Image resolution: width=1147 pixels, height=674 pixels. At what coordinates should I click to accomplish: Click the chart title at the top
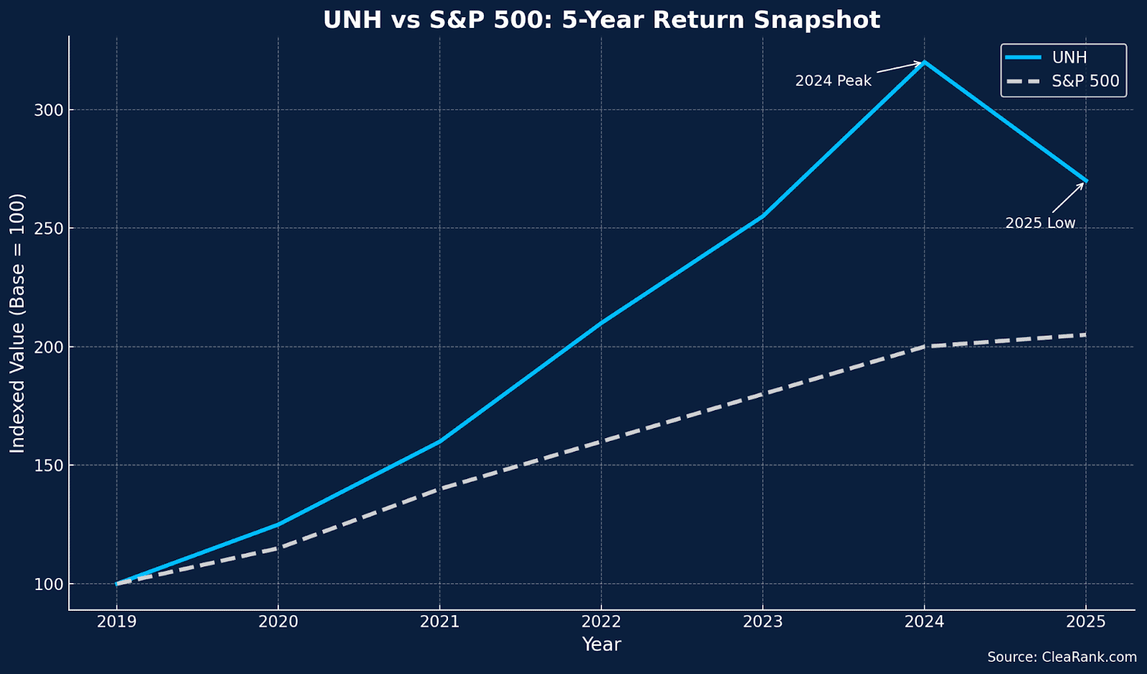[x=601, y=20]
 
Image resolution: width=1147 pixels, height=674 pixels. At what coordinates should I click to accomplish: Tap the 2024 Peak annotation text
[x=833, y=81]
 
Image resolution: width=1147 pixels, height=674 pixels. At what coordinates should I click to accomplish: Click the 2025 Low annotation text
[x=1040, y=223]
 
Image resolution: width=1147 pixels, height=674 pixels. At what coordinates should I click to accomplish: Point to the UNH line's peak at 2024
[x=925, y=62]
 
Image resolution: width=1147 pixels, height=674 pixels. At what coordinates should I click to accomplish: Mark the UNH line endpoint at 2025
[x=1086, y=181]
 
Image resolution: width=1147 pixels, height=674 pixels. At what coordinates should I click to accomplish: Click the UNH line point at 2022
[x=601, y=323]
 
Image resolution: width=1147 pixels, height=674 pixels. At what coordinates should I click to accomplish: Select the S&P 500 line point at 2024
[x=925, y=346]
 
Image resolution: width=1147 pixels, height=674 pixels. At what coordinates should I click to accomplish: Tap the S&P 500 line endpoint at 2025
[x=1086, y=335]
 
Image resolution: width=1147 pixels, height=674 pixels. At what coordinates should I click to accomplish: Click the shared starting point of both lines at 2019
[x=117, y=584]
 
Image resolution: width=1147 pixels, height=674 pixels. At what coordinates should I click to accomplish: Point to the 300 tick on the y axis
[x=49, y=110]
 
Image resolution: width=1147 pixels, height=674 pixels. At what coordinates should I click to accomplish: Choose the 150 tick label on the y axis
[x=49, y=465]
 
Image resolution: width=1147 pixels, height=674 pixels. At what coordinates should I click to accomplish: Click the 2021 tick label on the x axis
[x=439, y=622]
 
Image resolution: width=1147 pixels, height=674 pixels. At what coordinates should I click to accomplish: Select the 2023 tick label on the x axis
[x=763, y=622]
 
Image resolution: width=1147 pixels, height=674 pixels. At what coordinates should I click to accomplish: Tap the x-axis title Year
[x=601, y=645]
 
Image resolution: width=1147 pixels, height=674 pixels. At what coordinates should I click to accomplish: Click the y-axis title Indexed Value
[x=18, y=323]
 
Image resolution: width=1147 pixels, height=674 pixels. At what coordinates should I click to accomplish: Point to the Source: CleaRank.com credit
[x=1062, y=658]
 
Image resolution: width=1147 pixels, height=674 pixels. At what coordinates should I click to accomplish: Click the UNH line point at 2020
[x=278, y=524]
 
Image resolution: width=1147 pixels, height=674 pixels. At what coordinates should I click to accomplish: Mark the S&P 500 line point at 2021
[x=439, y=488]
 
